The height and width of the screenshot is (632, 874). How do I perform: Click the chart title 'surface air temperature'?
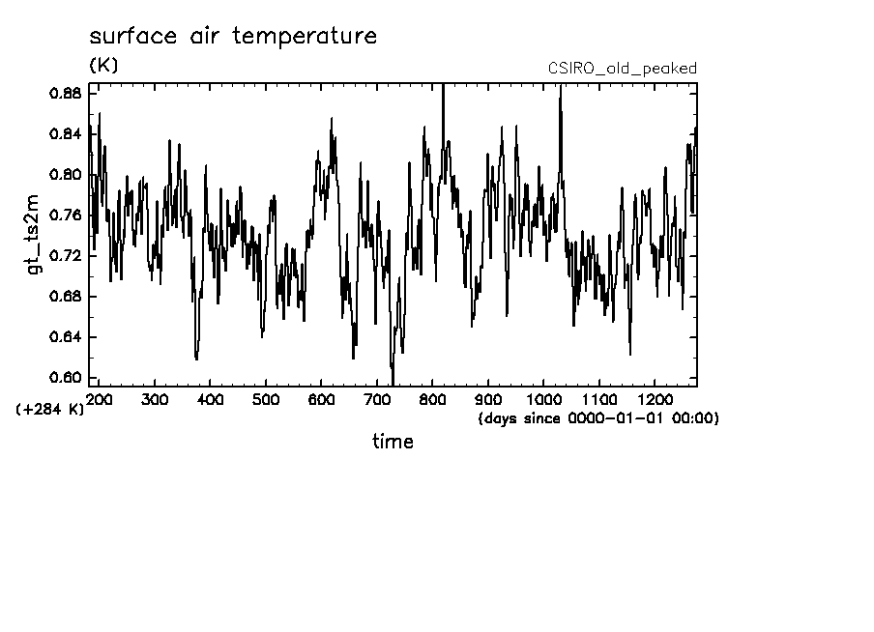(x=232, y=38)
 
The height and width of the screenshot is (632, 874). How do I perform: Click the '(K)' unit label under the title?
(x=102, y=66)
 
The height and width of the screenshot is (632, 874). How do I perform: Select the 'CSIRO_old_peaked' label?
(x=622, y=69)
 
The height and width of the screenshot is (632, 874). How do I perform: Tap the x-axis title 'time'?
(x=393, y=443)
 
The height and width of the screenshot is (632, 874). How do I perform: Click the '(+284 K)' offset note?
(x=50, y=409)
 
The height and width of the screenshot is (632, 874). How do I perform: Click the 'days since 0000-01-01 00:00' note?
(x=597, y=418)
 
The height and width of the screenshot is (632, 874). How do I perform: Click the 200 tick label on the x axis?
(x=99, y=399)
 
